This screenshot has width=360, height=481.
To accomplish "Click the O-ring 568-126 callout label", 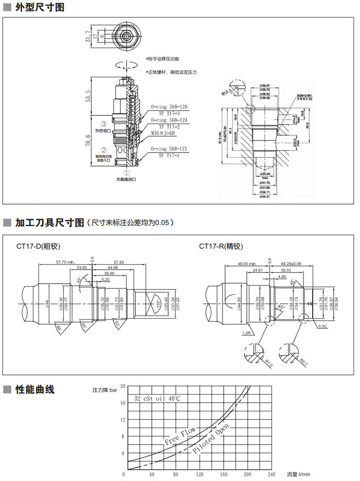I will click(169, 107).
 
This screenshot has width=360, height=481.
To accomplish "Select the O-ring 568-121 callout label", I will click(169, 149).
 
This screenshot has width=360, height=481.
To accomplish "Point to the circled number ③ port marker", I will click(103, 124).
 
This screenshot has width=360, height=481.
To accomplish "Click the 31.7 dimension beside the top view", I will click(88, 35).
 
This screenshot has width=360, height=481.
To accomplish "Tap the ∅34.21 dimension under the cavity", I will click(265, 196).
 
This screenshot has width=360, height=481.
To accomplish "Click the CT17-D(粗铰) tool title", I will click(38, 246).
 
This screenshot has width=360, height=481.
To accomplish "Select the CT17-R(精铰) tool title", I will click(221, 246).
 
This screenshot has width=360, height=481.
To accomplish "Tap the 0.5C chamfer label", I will click(323, 326).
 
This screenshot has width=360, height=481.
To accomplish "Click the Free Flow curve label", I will click(179, 436).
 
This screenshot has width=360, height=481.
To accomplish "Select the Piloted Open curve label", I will click(211, 440).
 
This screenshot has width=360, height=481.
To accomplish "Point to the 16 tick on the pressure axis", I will click(122, 402).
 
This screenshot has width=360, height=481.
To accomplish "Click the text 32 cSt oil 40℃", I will click(157, 398).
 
